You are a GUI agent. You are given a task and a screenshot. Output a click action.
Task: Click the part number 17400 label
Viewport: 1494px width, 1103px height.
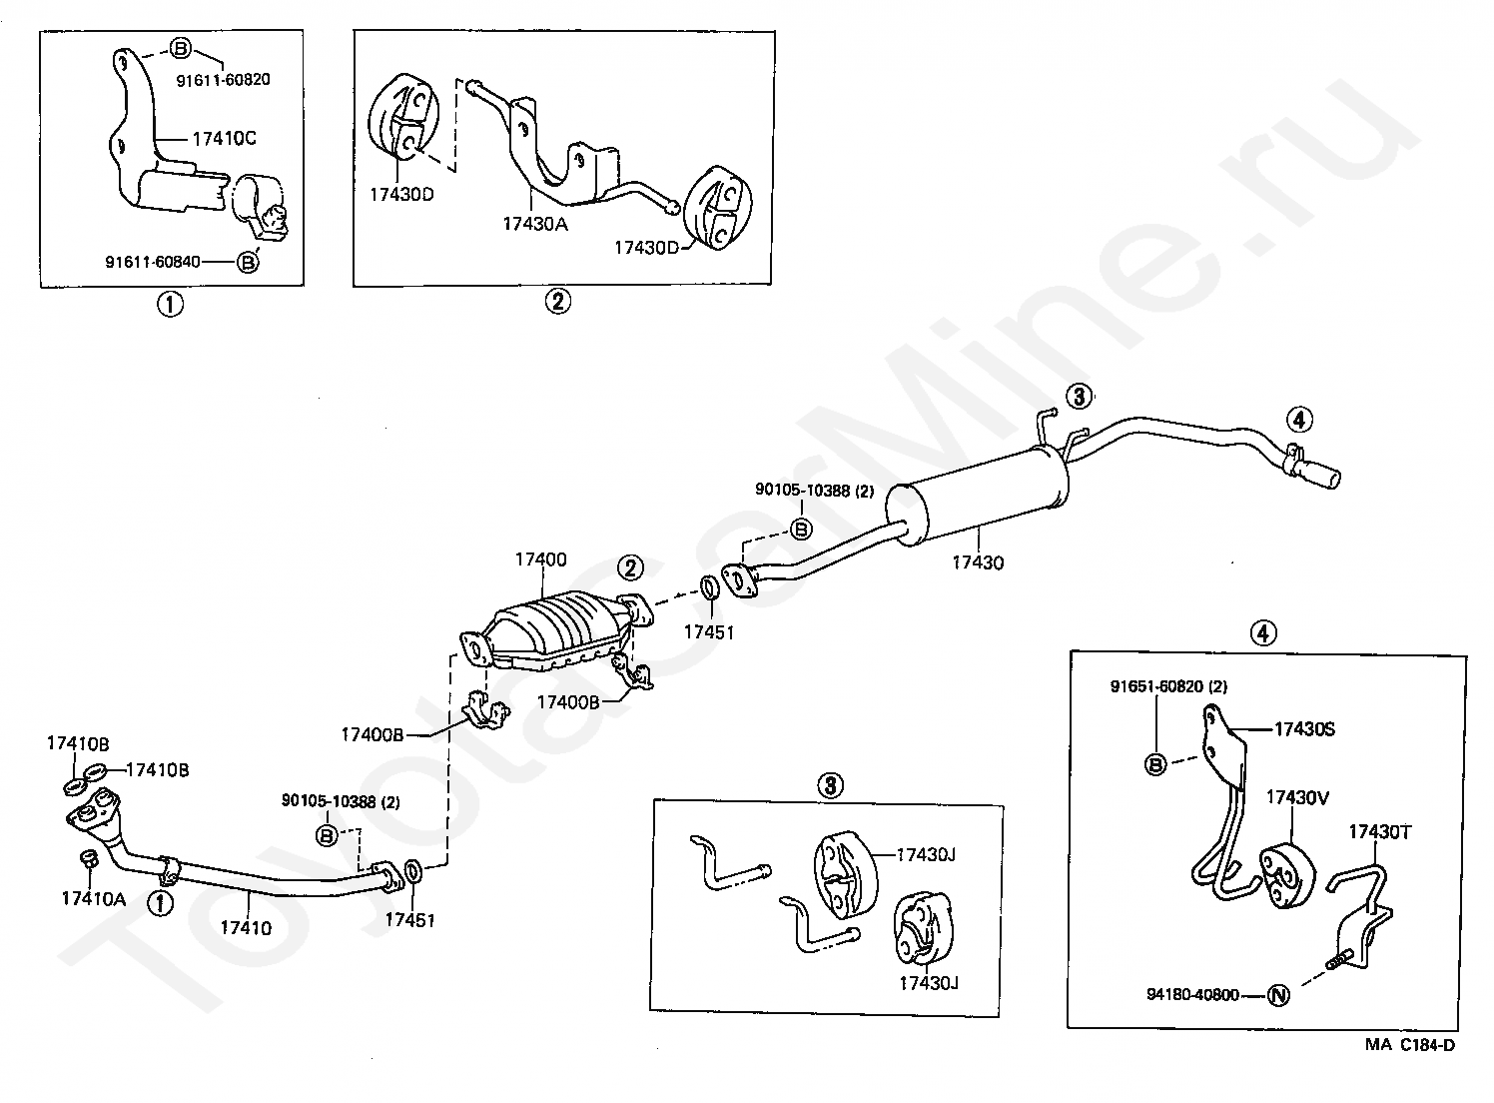pos(541,559)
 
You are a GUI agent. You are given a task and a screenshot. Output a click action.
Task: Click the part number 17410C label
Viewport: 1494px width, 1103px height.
pos(224,138)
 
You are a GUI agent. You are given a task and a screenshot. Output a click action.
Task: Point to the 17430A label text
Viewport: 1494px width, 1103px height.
pos(534,224)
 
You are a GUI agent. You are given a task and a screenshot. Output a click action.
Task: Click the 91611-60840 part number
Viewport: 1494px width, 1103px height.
pos(152,262)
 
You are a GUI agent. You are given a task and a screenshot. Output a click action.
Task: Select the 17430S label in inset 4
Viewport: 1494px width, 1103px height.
pos(1304,728)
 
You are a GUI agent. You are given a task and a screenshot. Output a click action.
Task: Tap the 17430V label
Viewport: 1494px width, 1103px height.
pos(1297,797)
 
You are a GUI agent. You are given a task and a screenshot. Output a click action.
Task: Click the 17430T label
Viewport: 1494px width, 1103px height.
pos(1380,831)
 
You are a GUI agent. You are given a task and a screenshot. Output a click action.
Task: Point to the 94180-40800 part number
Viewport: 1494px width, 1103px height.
pos(1192,994)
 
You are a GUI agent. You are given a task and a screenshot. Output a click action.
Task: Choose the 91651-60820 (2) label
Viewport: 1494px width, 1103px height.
pos(1168,686)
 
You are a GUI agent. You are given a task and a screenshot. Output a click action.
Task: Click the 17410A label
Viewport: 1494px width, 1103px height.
pos(93,898)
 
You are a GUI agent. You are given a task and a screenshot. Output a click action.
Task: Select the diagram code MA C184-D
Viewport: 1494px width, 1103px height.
pos(1410,1045)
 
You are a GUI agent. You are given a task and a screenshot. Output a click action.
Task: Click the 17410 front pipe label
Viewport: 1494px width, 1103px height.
pos(246,928)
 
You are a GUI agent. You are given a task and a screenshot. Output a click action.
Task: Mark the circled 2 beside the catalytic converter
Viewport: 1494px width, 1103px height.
pos(629,567)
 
